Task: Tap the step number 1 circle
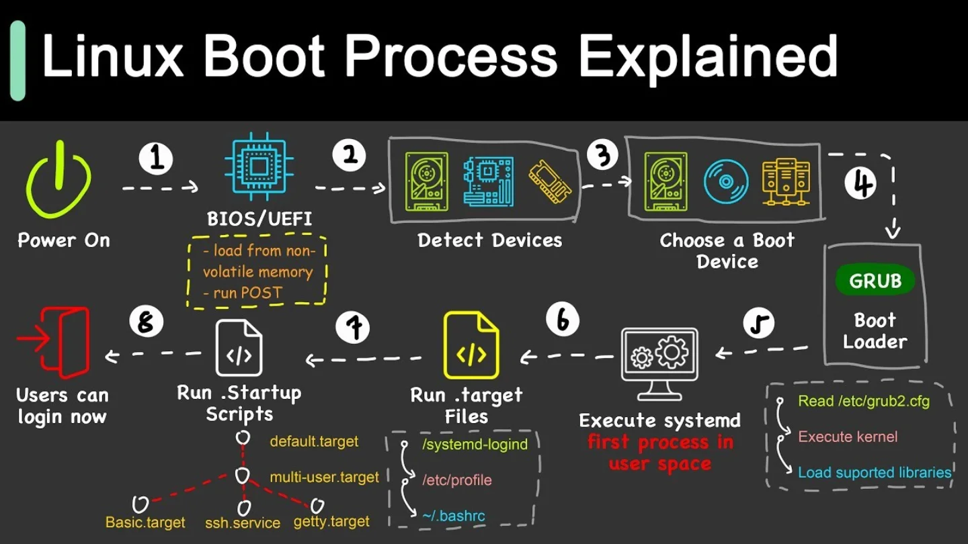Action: click(156, 158)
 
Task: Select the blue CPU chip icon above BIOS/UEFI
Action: click(259, 167)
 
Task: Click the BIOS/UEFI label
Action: click(259, 219)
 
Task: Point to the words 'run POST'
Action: click(247, 293)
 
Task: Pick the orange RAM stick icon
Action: click(550, 181)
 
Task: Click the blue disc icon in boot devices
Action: click(726, 181)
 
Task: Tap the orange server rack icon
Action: click(786, 182)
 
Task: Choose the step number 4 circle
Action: click(860, 183)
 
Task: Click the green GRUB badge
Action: click(875, 281)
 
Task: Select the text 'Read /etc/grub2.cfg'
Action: click(863, 401)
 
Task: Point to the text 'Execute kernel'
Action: click(848, 437)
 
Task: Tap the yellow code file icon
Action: click(471, 345)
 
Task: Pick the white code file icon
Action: click(239, 348)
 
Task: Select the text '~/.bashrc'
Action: click(453, 516)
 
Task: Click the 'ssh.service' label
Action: click(243, 523)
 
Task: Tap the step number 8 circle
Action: click(146, 322)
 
